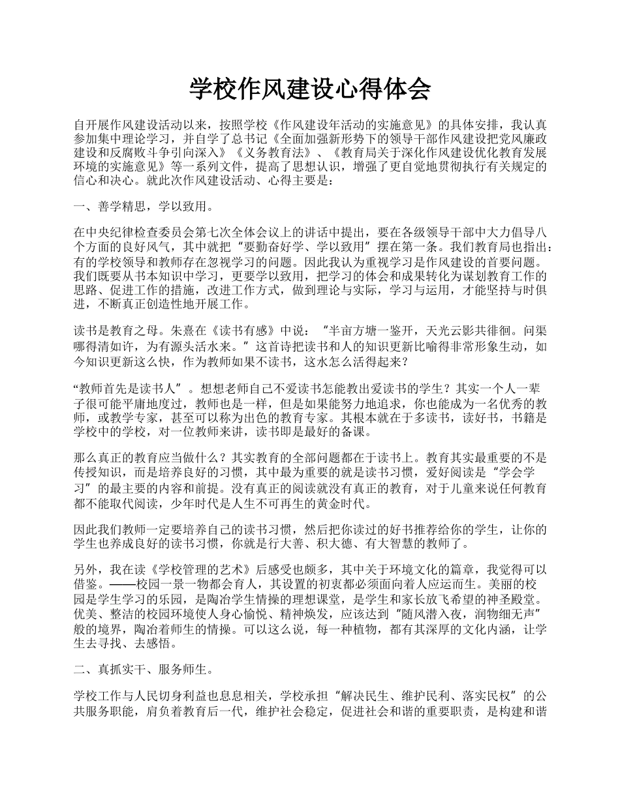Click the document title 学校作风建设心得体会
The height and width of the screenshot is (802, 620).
(x=310, y=89)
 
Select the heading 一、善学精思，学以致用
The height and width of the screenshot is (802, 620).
(x=142, y=207)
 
